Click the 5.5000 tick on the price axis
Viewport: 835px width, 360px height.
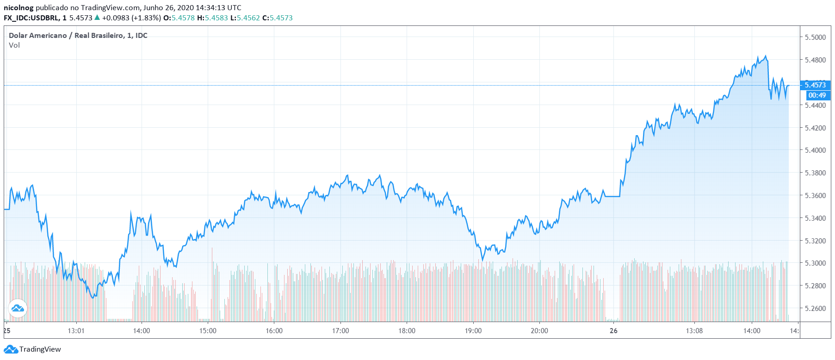point(815,37)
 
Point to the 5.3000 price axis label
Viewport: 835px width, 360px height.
point(815,263)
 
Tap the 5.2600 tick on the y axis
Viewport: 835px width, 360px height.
point(815,309)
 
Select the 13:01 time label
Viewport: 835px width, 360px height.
point(76,331)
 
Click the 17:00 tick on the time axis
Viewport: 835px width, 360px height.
point(340,331)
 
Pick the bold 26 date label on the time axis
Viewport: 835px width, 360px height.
point(613,331)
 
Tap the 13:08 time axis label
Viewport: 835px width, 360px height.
point(694,331)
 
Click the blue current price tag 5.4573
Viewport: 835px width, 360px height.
point(815,85)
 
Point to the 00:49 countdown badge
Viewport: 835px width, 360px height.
point(817,95)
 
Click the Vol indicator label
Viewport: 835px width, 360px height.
point(14,45)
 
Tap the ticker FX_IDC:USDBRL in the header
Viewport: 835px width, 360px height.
point(31,18)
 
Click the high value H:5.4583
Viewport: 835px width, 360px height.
point(212,18)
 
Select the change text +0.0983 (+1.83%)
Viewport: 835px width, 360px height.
point(131,18)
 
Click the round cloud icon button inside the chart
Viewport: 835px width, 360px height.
point(18,308)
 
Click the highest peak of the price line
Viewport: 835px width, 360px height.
point(766,56)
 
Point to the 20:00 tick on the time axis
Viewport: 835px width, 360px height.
point(539,331)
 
